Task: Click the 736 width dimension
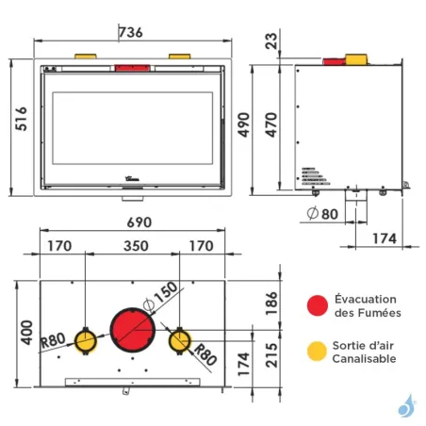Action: (131, 33)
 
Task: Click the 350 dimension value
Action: (134, 248)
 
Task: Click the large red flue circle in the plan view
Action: (133, 331)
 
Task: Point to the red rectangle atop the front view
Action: (129, 67)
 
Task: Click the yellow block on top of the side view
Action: (356, 59)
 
